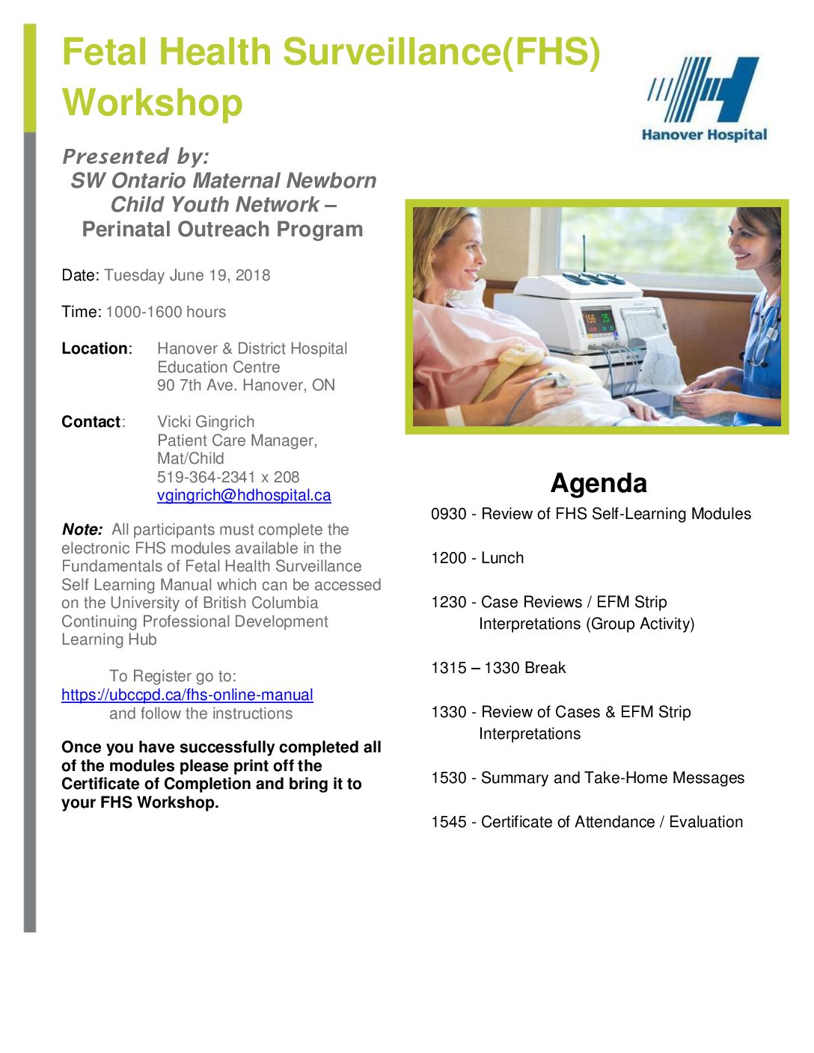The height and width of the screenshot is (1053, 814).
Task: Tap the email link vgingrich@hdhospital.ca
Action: (x=244, y=495)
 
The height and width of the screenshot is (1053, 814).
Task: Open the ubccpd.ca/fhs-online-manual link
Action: (x=187, y=695)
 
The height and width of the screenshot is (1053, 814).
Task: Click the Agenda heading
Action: (x=599, y=483)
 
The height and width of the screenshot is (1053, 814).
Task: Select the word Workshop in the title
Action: (x=153, y=102)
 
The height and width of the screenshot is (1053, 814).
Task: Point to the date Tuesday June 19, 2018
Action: (x=187, y=275)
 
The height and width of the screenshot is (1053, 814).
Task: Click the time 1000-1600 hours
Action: (x=165, y=312)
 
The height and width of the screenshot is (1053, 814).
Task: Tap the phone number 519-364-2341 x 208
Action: (x=228, y=477)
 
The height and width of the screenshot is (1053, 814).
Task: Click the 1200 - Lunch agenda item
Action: (x=477, y=558)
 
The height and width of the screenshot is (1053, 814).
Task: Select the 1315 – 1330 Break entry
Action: (x=498, y=668)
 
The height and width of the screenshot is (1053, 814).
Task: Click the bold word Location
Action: (x=94, y=349)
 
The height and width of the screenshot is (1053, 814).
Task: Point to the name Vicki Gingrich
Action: (x=206, y=422)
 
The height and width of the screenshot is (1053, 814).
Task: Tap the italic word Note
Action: (x=82, y=529)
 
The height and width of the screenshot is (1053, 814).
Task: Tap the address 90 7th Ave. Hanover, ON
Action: (x=246, y=385)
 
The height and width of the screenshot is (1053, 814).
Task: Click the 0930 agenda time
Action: (x=448, y=514)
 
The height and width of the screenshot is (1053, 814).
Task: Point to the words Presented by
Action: (x=135, y=156)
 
